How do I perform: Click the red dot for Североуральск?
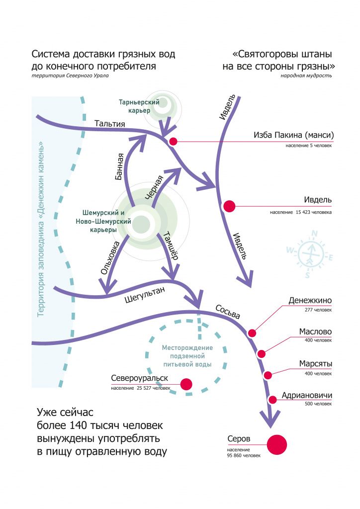[x=186, y=384]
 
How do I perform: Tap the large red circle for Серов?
[x=277, y=444]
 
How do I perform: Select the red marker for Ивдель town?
[x=229, y=206]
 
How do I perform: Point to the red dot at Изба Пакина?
[x=173, y=141]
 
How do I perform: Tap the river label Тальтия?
[x=109, y=123]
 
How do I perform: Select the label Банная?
[x=119, y=167]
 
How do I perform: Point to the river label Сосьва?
[x=228, y=312]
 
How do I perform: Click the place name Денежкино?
[x=310, y=301]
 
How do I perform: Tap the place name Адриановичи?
[x=307, y=396]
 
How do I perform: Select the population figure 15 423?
[x=310, y=212]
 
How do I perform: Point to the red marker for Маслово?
[x=261, y=354]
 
